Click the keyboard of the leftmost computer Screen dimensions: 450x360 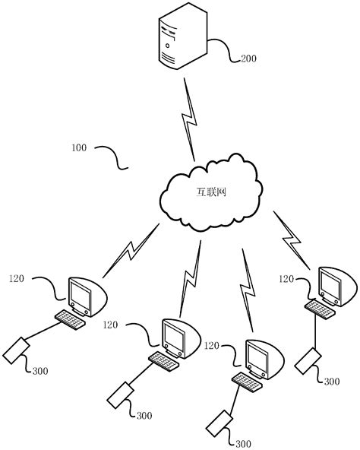click(71, 318)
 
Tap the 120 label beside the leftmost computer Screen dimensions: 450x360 click(17, 278)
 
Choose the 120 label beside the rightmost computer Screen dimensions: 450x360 click(286, 279)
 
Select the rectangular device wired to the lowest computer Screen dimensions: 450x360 click(218, 422)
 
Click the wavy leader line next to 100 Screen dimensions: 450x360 click(112, 156)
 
